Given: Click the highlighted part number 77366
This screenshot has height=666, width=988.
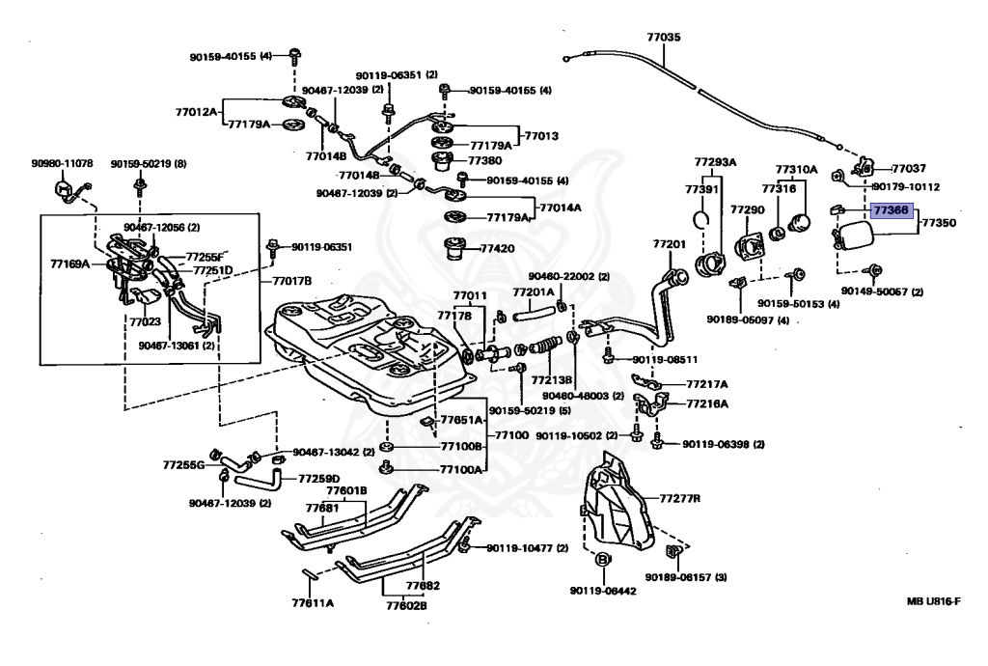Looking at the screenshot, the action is tap(891, 210).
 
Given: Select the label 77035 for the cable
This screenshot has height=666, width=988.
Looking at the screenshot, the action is tap(664, 38).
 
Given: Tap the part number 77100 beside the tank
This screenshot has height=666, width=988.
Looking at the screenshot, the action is tap(511, 434).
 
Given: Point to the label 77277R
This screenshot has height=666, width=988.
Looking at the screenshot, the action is tap(680, 498).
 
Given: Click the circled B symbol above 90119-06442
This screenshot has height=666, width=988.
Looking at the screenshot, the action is tap(602, 560).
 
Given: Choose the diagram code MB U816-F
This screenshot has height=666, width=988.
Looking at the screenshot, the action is tap(934, 601).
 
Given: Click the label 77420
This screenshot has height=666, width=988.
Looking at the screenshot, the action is tap(497, 248).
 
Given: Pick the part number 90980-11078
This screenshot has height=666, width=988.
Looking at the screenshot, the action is tap(62, 163).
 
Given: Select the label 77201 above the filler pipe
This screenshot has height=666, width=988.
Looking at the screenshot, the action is tap(669, 244).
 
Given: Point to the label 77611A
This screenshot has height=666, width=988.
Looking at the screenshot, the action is tap(313, 603).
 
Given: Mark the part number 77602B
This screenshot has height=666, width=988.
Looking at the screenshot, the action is tap(406, 605).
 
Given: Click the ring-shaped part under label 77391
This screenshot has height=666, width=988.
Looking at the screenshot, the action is tap(701, 219).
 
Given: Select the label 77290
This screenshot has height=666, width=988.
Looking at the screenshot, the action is tap(748, 209).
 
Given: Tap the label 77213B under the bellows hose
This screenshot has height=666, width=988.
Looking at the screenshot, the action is tap(551, 380).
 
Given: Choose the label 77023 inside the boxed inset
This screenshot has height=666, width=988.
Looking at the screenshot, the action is tap(145, 321).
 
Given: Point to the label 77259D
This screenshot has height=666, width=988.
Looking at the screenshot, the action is tap(318, 479).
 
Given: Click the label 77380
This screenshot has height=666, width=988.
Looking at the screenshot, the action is tap(484, 160).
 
